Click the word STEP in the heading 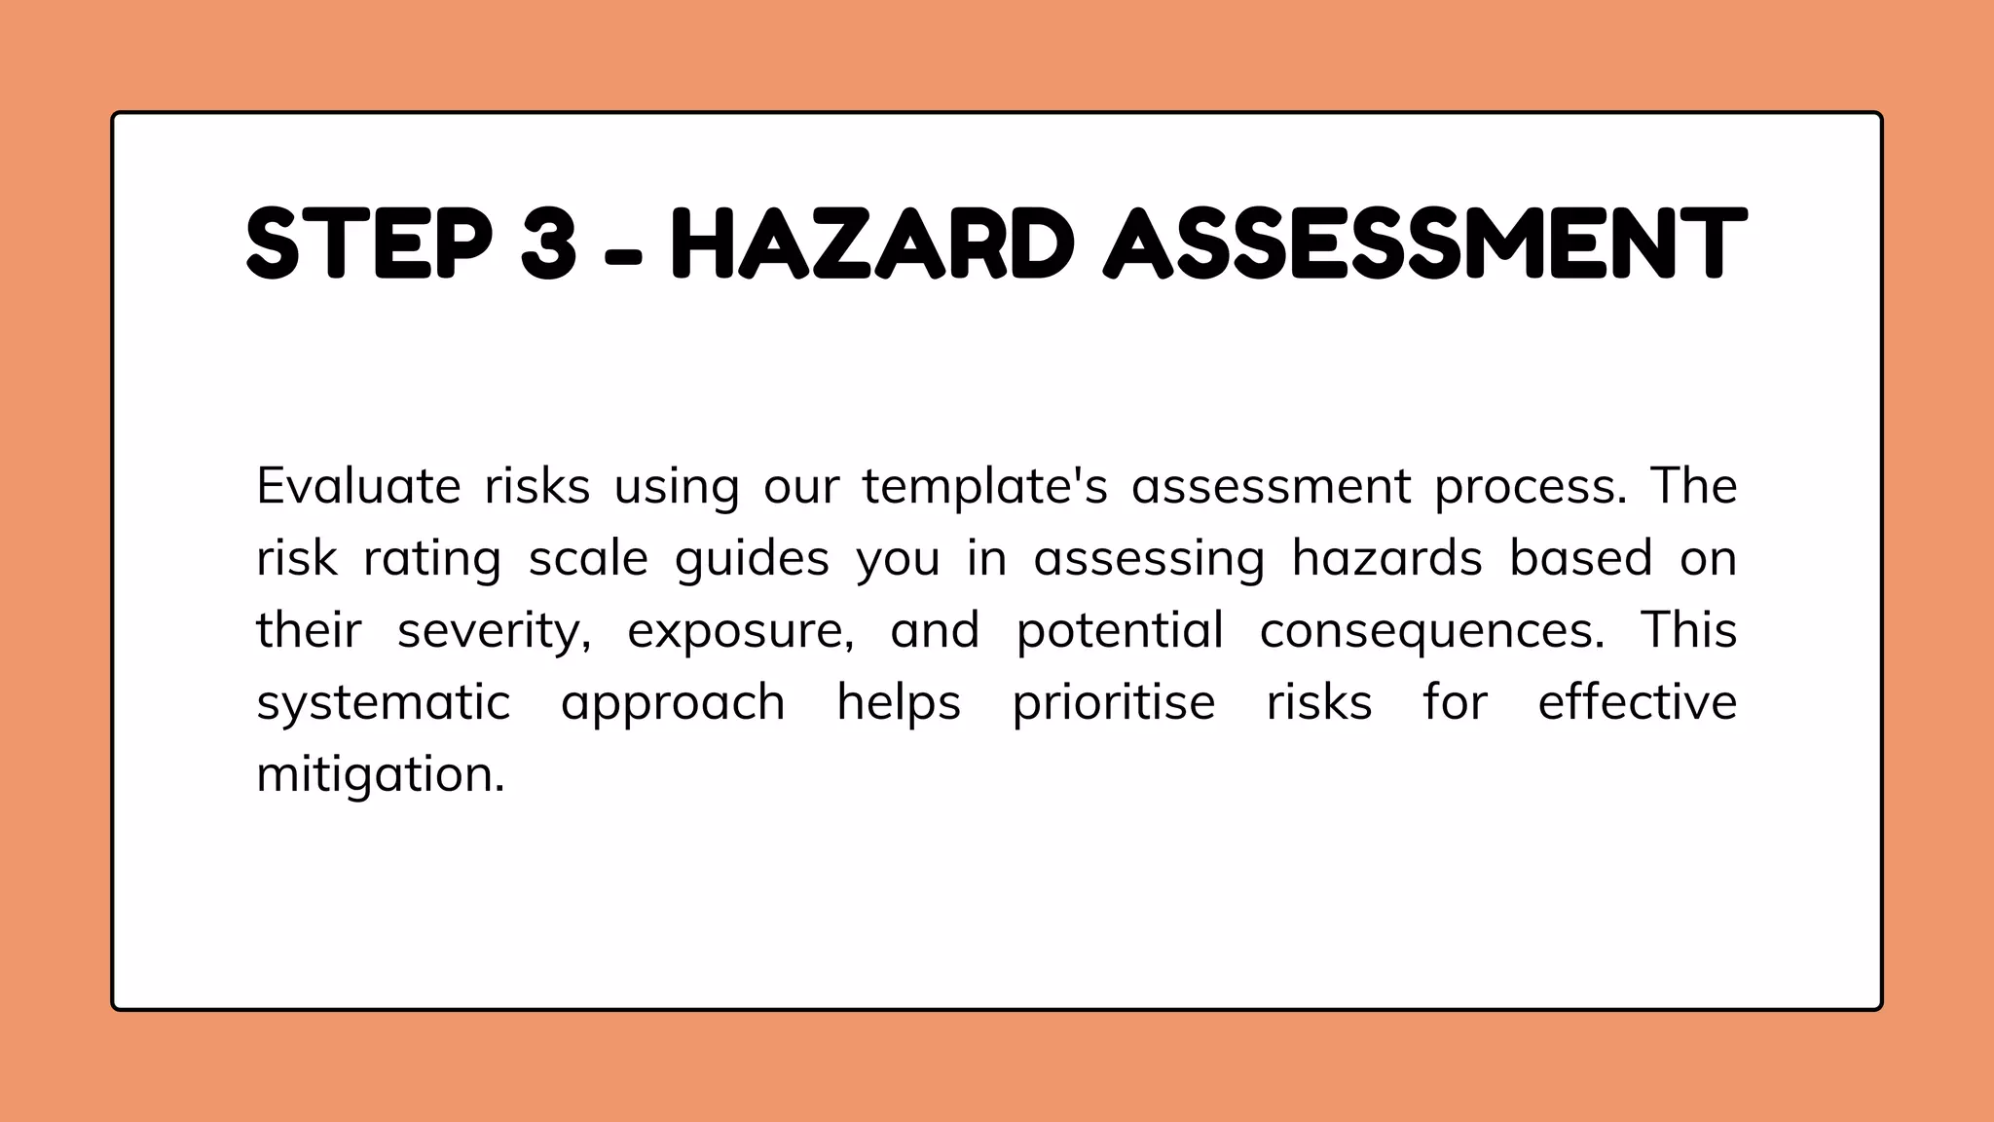370,243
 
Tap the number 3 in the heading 548,243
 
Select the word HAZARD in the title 872,243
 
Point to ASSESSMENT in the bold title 1424,243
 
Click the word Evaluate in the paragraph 358,486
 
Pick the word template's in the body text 985,486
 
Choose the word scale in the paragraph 588,558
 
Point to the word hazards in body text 1386,558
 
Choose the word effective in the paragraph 1638,702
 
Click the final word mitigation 381,775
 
